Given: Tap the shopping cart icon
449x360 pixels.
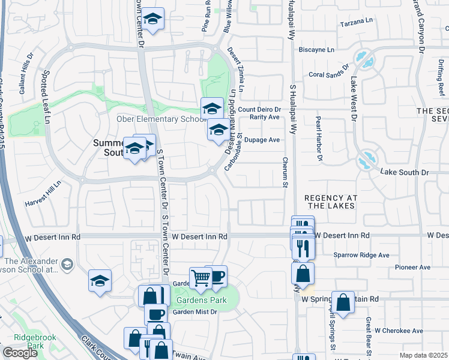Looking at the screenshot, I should [200, 278].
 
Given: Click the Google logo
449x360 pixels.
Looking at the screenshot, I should [20, 353].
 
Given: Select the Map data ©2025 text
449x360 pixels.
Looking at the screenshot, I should [423, 355].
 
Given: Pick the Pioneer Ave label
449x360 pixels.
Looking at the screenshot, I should [413, 267].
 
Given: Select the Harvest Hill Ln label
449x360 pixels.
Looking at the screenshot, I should [43, 194].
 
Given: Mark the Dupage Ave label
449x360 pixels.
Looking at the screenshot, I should [265, 140].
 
